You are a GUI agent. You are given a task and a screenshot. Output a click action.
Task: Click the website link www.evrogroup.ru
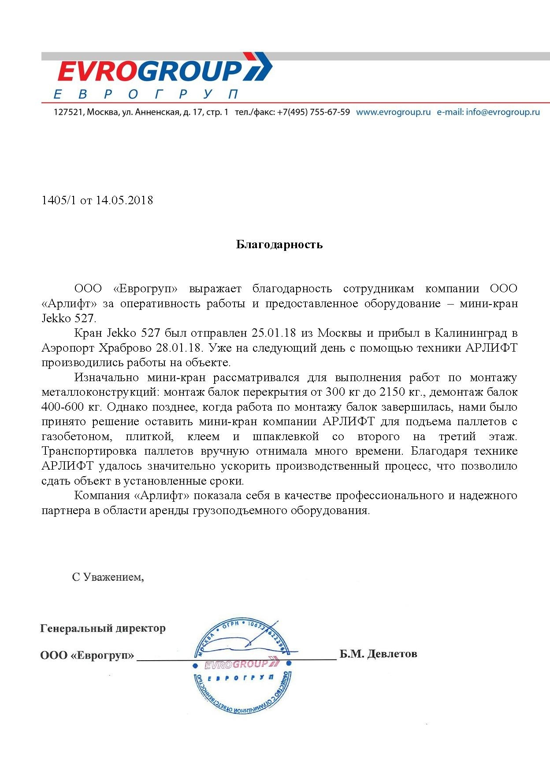pyautogui.click(x=393, y=112)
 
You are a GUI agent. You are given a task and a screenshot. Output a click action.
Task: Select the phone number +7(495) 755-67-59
pyautogui.click(x=313, y=112)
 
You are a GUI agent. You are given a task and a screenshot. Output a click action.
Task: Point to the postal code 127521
pyautogui.click(x=68, y=112)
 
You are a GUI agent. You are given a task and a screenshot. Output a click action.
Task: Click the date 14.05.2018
pyautogui.click(x=124, y=200)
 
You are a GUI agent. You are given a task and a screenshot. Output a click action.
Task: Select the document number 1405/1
pyautogui.click(x=59, y=200)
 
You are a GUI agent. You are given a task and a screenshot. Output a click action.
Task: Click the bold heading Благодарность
pyautogui.click(x=279, y=244)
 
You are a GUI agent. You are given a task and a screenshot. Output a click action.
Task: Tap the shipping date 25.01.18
pyautogui.click(x=273, y=333)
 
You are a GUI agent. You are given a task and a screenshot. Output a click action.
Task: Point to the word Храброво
pyautogui.click(x=125, y=348)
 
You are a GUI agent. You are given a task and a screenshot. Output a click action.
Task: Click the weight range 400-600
pyautogui.click(x=63, y=407)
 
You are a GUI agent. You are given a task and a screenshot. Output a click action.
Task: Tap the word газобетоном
pyautogui.click(x=77, y=437)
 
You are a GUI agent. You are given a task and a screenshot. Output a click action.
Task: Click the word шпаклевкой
pyautogui.click(x=286, y=437)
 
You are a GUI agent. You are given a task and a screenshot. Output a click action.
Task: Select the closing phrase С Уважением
pyautogui.click(x=108, y=577)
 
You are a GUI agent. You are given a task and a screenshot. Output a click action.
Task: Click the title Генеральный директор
pyautogui.click(x=103, y=628)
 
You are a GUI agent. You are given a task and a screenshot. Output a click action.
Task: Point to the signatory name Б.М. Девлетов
pyautogui.click(x=378, y=654)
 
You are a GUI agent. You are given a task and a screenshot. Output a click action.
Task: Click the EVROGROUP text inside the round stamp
pyautogui.click(x=237, y=664)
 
